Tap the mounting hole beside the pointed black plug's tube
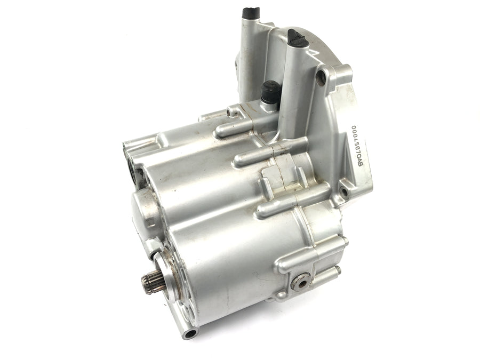point(322,78)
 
